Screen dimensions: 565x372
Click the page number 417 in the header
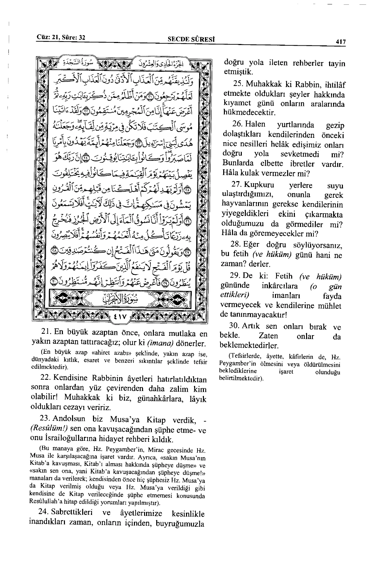(340, 42)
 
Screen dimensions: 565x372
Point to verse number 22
(45, 378)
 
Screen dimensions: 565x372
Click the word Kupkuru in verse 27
(259, 185)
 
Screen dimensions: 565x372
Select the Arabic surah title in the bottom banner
(120, 298)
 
